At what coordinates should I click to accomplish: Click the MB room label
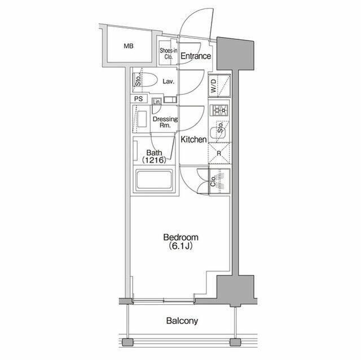coord(129,46)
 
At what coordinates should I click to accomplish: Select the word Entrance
coord(196,56)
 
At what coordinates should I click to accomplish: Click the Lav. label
coord(168,82)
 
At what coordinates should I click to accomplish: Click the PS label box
coord(139,99)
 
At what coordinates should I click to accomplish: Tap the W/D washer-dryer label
coord(214,87)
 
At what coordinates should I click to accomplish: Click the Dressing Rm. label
coord(165,122)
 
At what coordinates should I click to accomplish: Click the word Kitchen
coord(193,140)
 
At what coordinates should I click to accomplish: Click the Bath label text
coord(154,153)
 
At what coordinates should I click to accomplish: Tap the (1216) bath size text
coord(154,160)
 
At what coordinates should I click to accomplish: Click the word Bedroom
coord(180,238)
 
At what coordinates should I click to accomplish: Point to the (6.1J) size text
coord(180,246)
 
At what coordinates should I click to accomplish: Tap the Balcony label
coord(182,322)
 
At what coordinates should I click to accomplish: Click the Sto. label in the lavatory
coord(137,81)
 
